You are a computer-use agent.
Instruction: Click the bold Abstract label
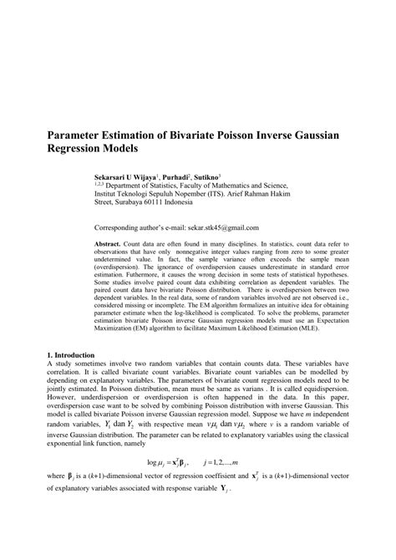[x=109, y=242]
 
